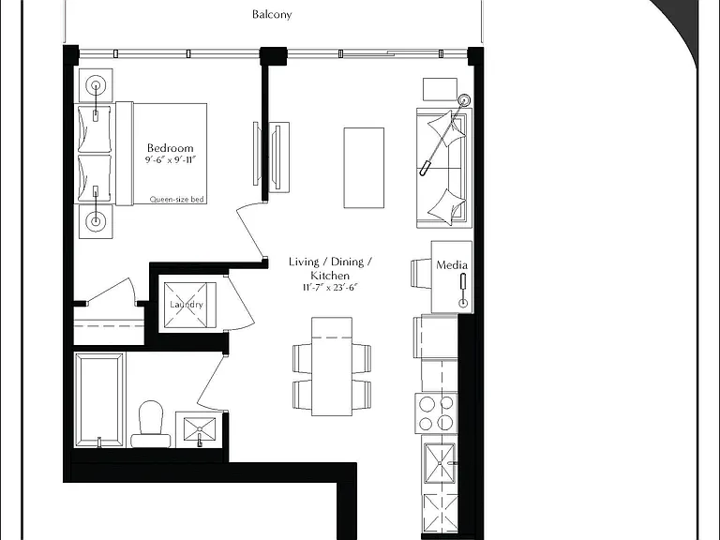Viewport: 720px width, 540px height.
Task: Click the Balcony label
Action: (x=272, y=15)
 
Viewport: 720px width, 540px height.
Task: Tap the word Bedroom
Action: (x=170, y=148)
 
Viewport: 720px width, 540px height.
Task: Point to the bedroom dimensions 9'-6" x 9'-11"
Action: (x=171, y=160)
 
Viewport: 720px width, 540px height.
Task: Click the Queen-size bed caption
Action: (x=177, y=200)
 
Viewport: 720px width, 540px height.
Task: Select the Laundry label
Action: (x=187, y=305)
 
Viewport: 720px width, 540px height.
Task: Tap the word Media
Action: (x=452, y=265)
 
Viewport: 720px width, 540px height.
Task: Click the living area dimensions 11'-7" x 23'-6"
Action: (x=330, y=288)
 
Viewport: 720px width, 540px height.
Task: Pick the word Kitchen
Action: (x=330, y=276)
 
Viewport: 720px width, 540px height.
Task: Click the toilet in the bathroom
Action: (x=151, y=425)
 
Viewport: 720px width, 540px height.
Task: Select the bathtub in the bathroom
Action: (x=99, y=399)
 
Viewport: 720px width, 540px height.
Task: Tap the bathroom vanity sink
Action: (x=200, y=429)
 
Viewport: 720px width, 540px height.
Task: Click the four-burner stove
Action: (x=436, y=413)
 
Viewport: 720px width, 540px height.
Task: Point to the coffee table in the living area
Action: (x=364, y=168)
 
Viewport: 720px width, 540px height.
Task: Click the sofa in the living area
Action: (x=444, y=168)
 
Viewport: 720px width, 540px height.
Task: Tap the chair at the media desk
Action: (x=421, y=274)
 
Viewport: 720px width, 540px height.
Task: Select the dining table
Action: (x=332, y=367)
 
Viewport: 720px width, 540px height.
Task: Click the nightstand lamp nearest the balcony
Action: (x=96, y=85)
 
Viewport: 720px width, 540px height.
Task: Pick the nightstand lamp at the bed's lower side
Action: (x=96, y=221)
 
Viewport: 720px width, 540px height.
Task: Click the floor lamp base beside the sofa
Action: (x=464, y=99)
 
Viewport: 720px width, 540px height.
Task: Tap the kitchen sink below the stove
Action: (x=440, y=463)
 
